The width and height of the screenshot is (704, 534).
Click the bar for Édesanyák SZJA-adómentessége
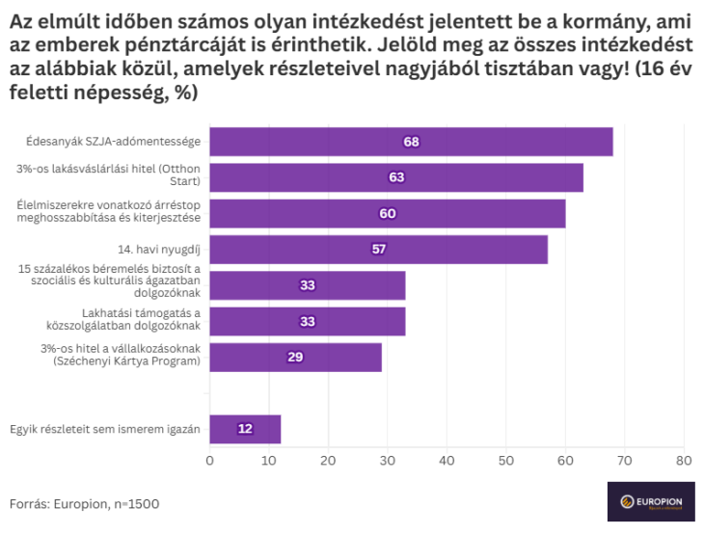[x=411, y=142]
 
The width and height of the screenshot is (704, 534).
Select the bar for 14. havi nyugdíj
[x=378, y=250]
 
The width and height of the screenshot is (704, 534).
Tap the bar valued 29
[x=295, y=357]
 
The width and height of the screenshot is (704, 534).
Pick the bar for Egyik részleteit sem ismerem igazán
[x=245, y=429]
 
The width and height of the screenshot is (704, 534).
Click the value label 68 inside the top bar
[x=412, y=142]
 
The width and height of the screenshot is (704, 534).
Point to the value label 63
[x=396, y=177]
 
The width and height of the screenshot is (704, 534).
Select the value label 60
[x=388, y=213]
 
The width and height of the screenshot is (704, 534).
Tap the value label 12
[x=245, y=429]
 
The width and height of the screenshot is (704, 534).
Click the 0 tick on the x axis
[x=209, y=460]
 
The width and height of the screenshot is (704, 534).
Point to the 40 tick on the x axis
[x=447, y=460]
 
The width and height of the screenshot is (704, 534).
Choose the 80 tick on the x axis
[x=684, y=460]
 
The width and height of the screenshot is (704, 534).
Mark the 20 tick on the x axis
[x=328, y=460]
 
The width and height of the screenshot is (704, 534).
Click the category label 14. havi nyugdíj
[x=166, y=250]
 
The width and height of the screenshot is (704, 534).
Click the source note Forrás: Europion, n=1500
[x=85, y=503]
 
